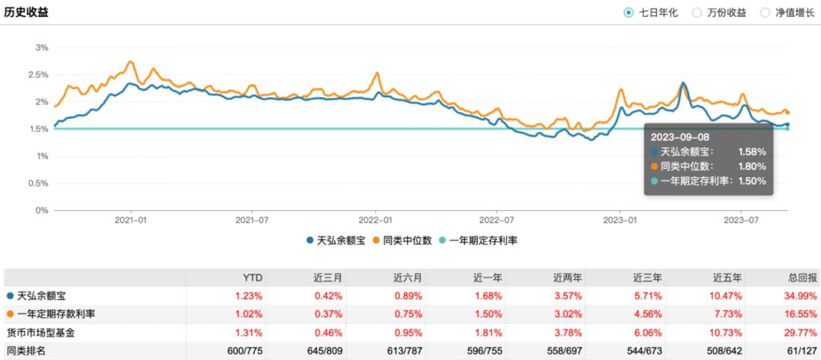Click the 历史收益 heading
coord(26,12)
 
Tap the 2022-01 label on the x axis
coord(375,219)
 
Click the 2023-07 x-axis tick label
coord(741,219)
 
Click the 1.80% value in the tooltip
coord(752,166)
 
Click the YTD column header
coord(252,277)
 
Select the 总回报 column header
coord(802,277)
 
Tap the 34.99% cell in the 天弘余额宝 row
coord(802,296)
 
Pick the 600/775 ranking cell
coord(245,350)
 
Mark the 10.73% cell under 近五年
coord(728,332)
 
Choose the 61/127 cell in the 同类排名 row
coord(803,350)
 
